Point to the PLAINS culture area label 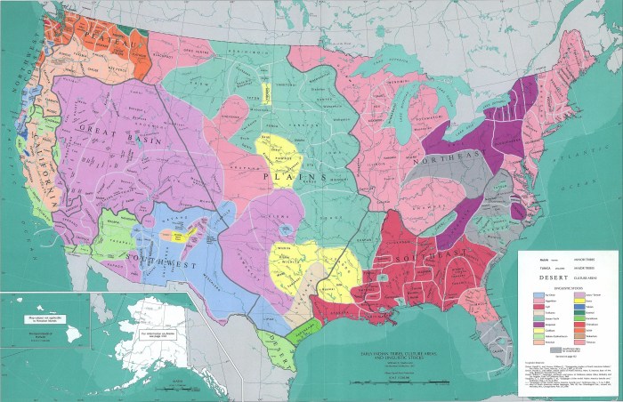point(283,178)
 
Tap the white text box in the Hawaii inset point(27,316)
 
